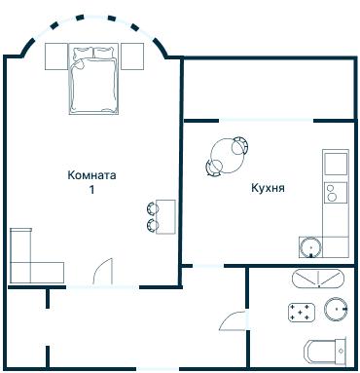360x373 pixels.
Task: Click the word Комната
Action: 92,175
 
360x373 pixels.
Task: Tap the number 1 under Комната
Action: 92,190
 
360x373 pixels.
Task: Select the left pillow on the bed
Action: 82,52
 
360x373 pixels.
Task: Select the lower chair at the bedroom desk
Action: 153,225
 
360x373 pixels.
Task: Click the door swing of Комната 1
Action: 104,271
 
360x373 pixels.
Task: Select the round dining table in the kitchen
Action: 228,154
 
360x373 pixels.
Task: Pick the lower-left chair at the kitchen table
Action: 212,168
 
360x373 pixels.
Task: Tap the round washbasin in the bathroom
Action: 337,309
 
